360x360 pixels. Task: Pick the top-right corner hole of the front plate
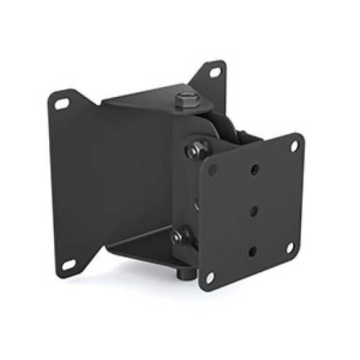click(x=294, y=146)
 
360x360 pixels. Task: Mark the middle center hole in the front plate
click(x=253, y=210)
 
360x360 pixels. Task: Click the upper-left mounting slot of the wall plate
click(x=62, y=104)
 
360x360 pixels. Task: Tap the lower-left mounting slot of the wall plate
click(x=68, y=264)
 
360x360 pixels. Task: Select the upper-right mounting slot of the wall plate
click(x=215, y=71)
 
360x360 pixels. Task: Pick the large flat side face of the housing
click(x=138, y=173)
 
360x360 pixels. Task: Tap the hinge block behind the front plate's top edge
click(x=242, y=135)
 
